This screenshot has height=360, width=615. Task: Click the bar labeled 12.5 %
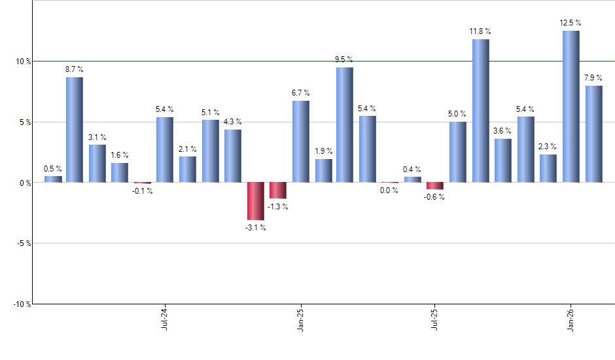click(x=571, y=107)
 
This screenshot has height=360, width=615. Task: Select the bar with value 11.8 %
click(x=480, y=111)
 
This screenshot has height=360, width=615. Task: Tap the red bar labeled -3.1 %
click(x=255, y=201)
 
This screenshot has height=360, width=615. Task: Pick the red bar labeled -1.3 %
click(x=278, y=190)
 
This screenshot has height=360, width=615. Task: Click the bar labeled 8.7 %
click(x=75, y=130)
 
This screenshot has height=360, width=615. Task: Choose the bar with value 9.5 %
click(x=345, y=125)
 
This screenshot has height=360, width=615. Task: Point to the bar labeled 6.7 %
click(x=300, y=141)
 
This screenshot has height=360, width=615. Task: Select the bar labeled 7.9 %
click(x=593, y=134)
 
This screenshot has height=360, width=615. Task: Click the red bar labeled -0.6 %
click(x=435, y=186)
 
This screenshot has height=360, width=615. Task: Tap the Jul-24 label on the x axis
click(x=164, y=317)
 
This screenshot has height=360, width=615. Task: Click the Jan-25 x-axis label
click(x=300, y=317)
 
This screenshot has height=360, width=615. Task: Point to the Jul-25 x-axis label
click(x=434, y=317)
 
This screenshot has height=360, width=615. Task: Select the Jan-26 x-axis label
click(x=570, y=317)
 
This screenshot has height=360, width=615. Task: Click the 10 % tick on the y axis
click(x=24, y=62)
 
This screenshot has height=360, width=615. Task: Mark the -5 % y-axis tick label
click(x=24, y=243)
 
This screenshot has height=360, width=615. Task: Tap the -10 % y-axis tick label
click(x=22, y=304)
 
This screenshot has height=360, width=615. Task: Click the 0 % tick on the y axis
click(x=25, y=183)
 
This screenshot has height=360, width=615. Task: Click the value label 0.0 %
click(x=389, y=190)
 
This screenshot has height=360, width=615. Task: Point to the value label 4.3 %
click(x=232, y=122)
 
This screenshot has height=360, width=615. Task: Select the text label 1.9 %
click(x=323, y=151)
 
